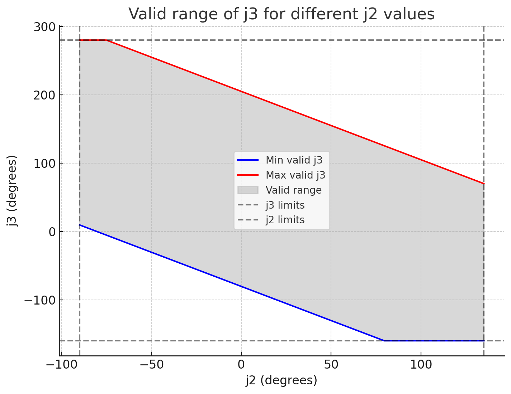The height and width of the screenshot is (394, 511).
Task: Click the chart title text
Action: tap(281, 14)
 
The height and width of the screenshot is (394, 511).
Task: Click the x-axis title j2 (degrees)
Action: tap(281, 380)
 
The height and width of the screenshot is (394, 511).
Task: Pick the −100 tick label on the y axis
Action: tap(39, 300)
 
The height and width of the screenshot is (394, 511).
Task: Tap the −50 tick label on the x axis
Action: tap(151, 365)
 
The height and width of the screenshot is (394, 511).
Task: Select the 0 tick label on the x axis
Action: tap(241, 365)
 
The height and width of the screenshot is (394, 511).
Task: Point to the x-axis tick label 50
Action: tap(331, 365)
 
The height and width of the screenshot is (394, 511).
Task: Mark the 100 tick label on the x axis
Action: tap(420, 365)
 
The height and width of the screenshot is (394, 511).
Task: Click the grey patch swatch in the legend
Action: tap(247, 190)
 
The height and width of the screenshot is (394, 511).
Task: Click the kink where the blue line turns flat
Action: tap(384, 341)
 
